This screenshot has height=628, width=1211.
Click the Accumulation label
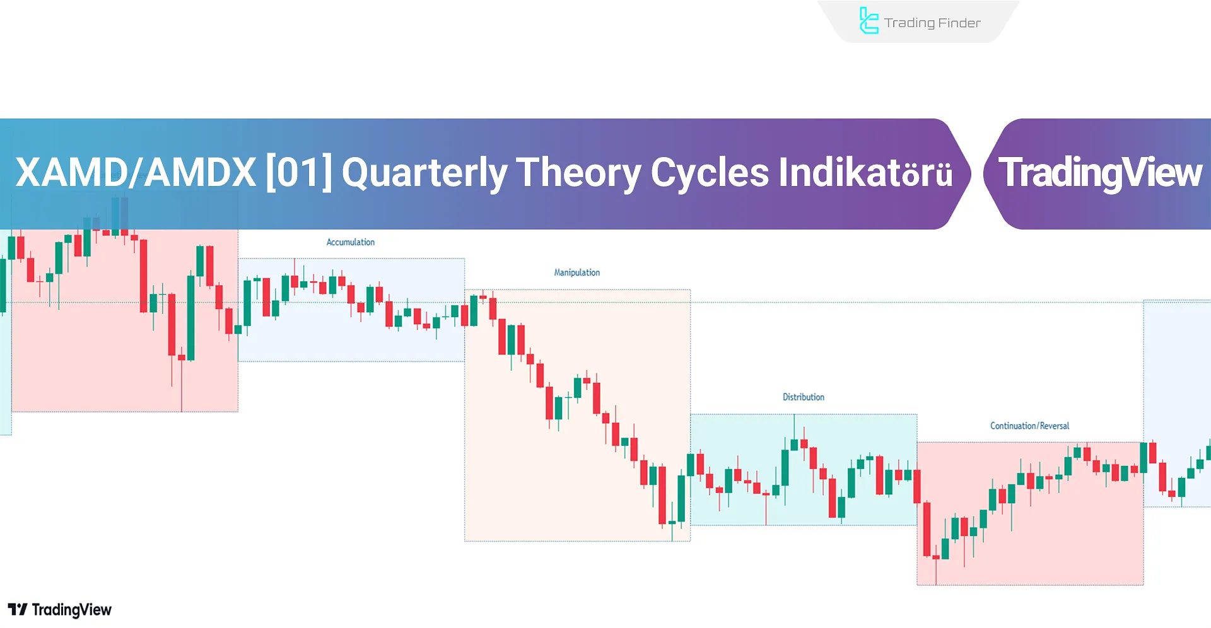click(x=350, y=242)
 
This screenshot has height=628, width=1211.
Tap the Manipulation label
click(x=576, y=272)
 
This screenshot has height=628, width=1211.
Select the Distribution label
click(x=803, y=397)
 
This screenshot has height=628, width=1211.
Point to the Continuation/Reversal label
click(x=1029, y=426)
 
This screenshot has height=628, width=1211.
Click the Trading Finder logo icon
click(x=869, y=21)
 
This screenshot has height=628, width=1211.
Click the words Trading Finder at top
click(x=932, y=23)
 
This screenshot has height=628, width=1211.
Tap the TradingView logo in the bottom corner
click(x=59, y=610)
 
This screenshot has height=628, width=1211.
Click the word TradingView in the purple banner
click(x=1100, y=173)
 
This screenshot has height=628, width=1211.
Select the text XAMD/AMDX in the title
click(x=136, y=173)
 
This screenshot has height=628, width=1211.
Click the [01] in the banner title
click(x=298, y=173)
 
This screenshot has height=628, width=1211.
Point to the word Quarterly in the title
click(x=424, y=173)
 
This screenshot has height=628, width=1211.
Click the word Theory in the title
click(x=578, y=173)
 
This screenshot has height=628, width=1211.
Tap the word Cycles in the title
click(x=710, y=173)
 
